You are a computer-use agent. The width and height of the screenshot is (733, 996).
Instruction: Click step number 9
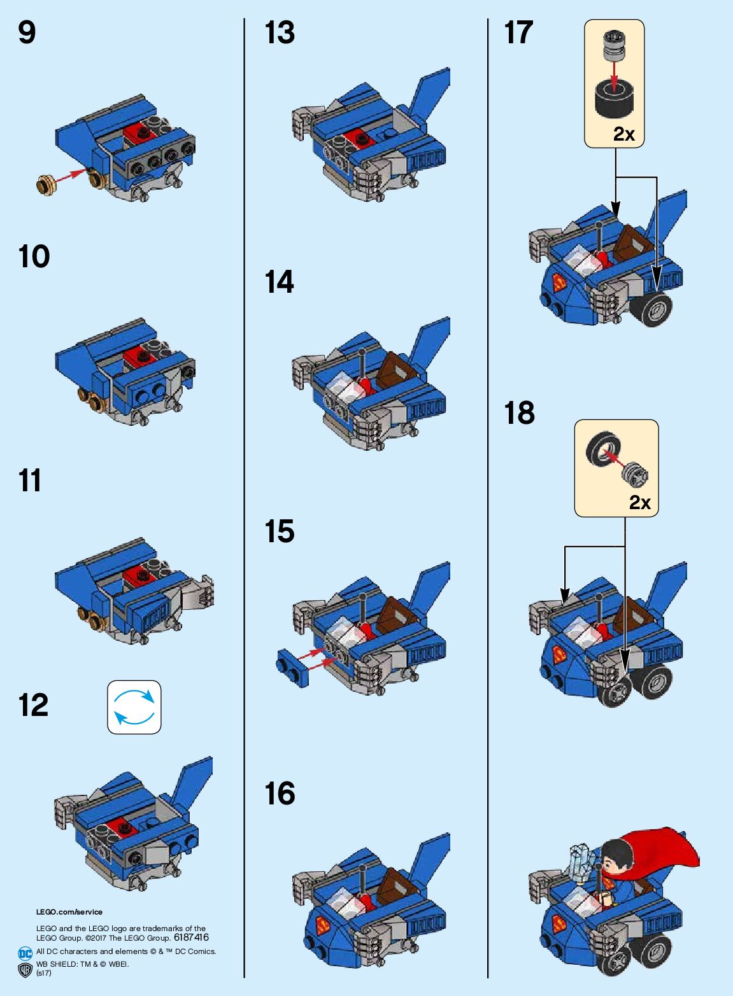click(27, 33)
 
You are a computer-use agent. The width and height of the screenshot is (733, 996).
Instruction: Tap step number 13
click(280, 33)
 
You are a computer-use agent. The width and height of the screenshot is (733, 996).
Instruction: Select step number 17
click(518, 33)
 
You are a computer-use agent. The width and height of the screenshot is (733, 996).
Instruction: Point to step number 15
click(280, 531)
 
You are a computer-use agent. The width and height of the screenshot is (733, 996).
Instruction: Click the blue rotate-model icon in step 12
click(134, 707)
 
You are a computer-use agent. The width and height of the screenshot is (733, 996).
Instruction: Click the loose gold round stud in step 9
click(45, 183)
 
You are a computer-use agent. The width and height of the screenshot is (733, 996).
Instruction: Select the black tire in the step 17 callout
click(615, 98)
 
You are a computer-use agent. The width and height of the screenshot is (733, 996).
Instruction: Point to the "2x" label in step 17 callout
click(624, 134)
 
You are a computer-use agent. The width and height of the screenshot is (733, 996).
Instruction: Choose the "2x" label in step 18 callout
click(639, 503)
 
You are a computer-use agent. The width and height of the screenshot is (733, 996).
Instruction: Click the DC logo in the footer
click(25, 953)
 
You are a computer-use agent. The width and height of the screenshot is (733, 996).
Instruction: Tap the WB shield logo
click(25, 970)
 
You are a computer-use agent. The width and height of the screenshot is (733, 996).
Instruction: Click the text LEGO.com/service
click(69, 912)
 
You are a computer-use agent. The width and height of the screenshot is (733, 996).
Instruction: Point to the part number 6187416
click(192, 937)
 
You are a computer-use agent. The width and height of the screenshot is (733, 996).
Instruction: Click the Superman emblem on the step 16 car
click(324, 926)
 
